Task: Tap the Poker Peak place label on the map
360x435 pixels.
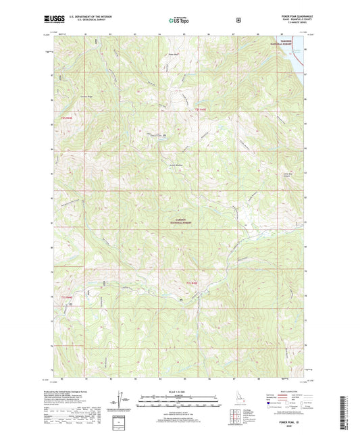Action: point(172,55)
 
